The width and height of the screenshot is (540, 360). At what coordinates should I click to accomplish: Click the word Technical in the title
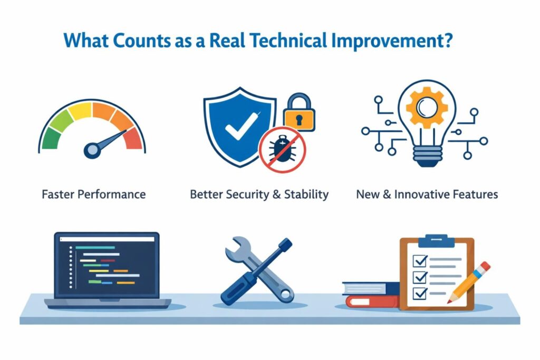[287, 40]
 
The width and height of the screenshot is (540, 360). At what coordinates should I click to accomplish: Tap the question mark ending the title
[447, 40]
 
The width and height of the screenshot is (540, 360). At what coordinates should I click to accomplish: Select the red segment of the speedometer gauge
[133, 138]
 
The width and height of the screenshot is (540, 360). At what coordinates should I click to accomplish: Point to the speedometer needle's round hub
[92, 150]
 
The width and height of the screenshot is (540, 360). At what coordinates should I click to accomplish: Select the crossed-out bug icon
[283, 149]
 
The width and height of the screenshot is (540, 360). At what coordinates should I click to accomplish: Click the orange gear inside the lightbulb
[427, 108]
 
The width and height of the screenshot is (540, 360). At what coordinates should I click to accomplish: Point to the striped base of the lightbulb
[427, 155]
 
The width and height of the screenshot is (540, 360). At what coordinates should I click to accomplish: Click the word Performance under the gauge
[111, 194]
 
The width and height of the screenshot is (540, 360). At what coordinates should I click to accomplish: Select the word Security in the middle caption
[247, 195]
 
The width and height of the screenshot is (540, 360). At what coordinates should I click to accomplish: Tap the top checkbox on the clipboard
[419, 260]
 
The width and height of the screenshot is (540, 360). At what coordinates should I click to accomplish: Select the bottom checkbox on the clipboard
[419, 293]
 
